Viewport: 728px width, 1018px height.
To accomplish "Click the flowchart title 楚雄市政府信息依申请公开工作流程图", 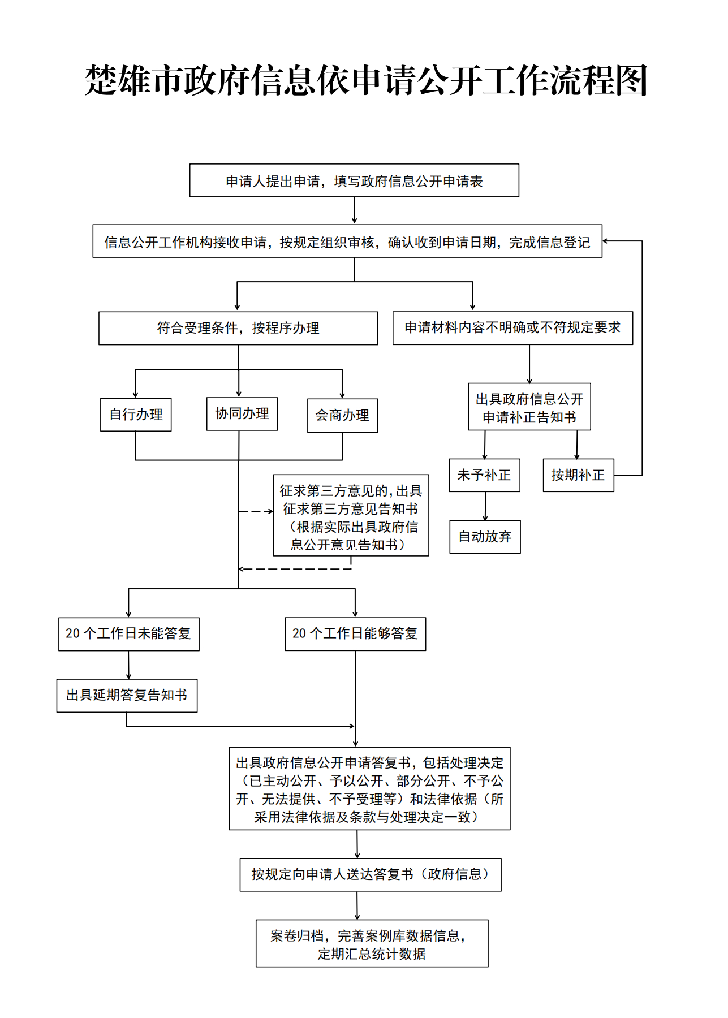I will tap(366, 80).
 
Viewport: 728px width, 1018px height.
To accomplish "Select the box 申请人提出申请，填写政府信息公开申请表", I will tap(354, 180).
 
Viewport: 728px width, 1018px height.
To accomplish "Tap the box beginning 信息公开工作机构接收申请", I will tap(347, 241).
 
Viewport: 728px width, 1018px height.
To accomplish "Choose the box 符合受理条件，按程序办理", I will tap(238, 328).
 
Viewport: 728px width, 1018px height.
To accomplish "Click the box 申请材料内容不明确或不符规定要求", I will tap(512, 327).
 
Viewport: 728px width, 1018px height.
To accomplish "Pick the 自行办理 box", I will tap(136, 415).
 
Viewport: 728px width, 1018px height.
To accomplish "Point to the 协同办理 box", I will tap(242, 414).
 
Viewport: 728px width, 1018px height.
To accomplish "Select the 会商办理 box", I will tap(342, 416).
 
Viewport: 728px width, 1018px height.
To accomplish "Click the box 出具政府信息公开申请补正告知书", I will tap(529, 407).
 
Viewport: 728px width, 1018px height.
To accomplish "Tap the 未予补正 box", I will tap(484, 475).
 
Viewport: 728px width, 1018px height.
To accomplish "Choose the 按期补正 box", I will tap(578, 475).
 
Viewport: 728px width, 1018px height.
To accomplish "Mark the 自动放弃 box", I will tap(485, 537).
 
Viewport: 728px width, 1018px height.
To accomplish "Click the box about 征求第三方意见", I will tap(351, 516).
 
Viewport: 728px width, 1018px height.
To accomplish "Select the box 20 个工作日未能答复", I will tap(129, 634).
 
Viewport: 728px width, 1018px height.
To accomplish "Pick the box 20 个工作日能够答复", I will tap(355, 634).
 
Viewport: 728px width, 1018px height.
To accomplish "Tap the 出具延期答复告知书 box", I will tap(127, 695).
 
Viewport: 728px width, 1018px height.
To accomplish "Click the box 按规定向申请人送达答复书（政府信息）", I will tap(371, 874).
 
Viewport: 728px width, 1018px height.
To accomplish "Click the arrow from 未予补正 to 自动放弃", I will tap(485, 506).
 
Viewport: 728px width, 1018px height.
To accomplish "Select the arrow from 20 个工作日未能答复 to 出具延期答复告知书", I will tap(129, 665).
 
